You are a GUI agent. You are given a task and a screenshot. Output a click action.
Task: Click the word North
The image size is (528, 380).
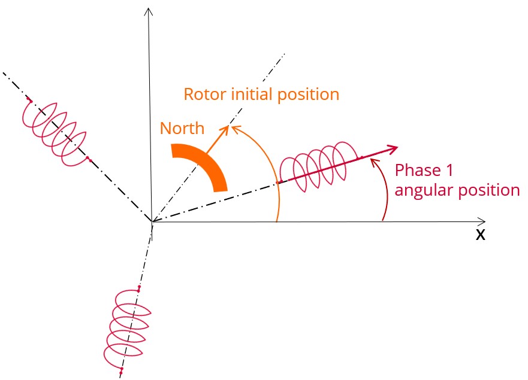click(182, 128)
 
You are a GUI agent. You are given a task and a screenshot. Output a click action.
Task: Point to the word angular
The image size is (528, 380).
click(422, 190)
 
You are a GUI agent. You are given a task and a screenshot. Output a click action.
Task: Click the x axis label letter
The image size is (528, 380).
click(480, 235)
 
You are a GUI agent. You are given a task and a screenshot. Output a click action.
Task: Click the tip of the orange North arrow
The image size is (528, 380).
click(228, 127)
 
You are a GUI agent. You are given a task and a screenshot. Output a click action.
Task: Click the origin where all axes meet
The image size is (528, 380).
click(152, 223)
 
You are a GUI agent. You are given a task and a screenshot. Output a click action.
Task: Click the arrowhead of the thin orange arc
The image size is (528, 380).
click(235, 127)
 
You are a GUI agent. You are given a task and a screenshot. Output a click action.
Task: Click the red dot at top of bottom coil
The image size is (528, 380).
click(139, 288)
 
